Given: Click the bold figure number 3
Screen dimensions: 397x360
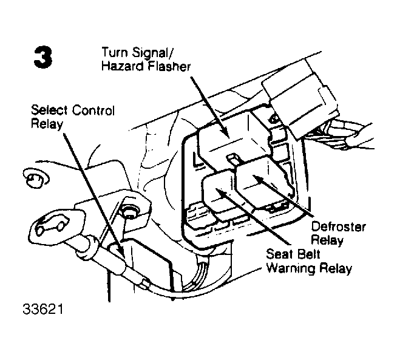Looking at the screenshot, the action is [x=43, y=57].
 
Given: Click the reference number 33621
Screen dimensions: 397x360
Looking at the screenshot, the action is [x=43, y=309].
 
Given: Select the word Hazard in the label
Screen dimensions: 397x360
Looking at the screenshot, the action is [x=123, y=66].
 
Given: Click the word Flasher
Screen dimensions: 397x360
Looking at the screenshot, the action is [x=169, y=66].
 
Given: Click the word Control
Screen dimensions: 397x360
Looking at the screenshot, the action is [x=93, y=110].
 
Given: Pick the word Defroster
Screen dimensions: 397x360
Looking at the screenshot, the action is [x=338, y=226].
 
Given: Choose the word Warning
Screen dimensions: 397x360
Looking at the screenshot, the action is [x=291, y=268].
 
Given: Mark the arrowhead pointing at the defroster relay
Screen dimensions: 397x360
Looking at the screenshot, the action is [x=258, y=178].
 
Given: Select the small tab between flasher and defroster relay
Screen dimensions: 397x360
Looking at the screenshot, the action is [x=232, y=160].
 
